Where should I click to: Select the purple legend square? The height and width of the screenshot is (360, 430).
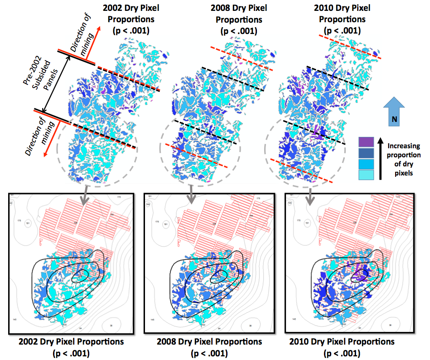(366, 142)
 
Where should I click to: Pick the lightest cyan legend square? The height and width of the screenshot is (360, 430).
(366, 174)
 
